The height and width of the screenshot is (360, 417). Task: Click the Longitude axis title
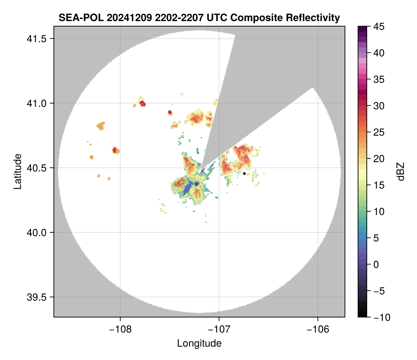[x=199, y=343]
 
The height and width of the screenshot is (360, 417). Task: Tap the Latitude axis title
[x=17, y=171]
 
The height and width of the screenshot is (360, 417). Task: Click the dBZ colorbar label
[x=401, y=172]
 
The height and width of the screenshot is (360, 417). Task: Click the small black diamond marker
[x=244, y=173]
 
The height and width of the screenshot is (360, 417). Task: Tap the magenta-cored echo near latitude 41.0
[x=143, y=104]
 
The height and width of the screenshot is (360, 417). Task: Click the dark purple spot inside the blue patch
[x=196, y=184]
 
